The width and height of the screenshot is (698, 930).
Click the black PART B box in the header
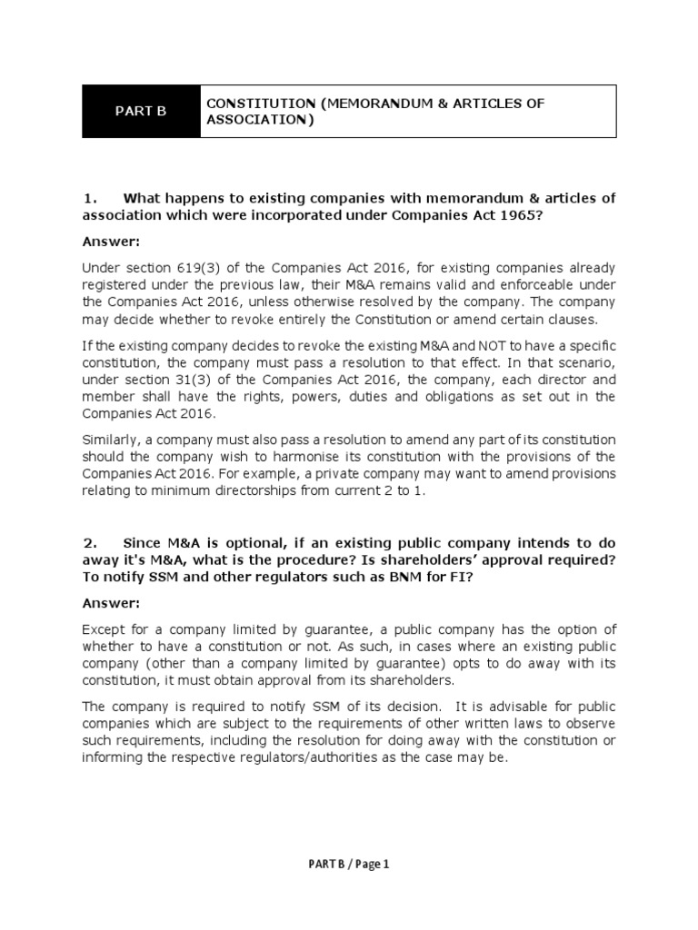click(141, 112)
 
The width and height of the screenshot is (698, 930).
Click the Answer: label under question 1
click(111, 242)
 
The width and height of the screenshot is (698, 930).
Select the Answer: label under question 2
click(111, 603)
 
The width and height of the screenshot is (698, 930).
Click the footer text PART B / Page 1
click(348, 865)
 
